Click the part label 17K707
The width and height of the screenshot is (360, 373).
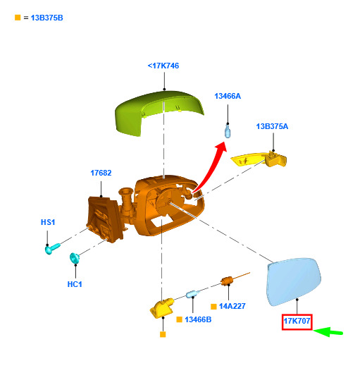pyautogui.click(x=297, y=321)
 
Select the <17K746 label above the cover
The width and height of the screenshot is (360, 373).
pyautogui.click(x=163, y=66)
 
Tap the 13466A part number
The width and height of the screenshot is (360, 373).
pyautogui.click(x=228, y=96)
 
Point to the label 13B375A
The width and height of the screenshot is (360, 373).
pyautogui.click(x=272, y=126)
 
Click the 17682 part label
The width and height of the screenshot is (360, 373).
pyautogui.click(x=101, y=173)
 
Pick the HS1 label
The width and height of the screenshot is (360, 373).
pyautogui.click(x=48, y=222)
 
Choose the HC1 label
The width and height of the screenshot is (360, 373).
pyautogui.click(x=75, y=284)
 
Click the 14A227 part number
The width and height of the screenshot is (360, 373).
pyautogui.click(x=232, y=306)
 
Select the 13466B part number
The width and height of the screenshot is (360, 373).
pyautogui.click(x=198, y=319)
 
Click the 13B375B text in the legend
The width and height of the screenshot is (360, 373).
pyautogui.click(x=46, y=18)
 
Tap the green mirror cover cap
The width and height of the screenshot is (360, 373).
pyautogui.click(x=159, y=112)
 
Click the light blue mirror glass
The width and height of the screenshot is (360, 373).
pyautogui.click(x=294, y=281)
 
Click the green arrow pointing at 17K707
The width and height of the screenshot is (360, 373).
pyautogui.click(x=328, y=332)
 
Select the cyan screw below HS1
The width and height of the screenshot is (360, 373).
pyautogui.click(x=52, y=248)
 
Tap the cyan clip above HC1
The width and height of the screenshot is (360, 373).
pyautogui.click(x=75, y=258)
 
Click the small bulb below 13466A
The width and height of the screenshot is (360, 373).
pyautogui.click(x=228, y=131)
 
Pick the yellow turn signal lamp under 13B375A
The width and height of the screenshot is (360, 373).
pyautogui.click(x=259, y=159)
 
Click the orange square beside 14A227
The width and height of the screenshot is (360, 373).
pyautogui.click(x=213, y=307)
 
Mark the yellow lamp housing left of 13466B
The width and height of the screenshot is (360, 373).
pyautogui.click(x=161, y=307)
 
